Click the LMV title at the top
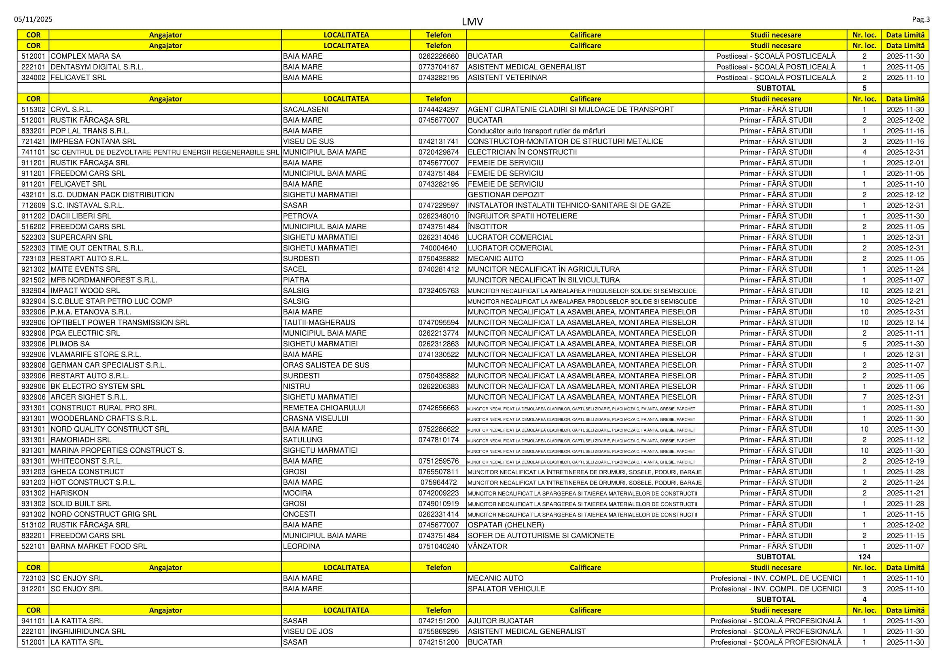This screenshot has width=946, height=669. click(x=472, y=22)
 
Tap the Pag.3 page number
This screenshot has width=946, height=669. click(x=921, y=19)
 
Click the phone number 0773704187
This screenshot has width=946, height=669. click(x=438, y=67)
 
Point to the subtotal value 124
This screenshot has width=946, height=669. click(x=864, y=557)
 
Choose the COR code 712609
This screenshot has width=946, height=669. click(x=33, y=205)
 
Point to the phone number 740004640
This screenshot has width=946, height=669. click(x=438, y=248)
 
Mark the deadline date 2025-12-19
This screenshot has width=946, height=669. click(x=905, y=462)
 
